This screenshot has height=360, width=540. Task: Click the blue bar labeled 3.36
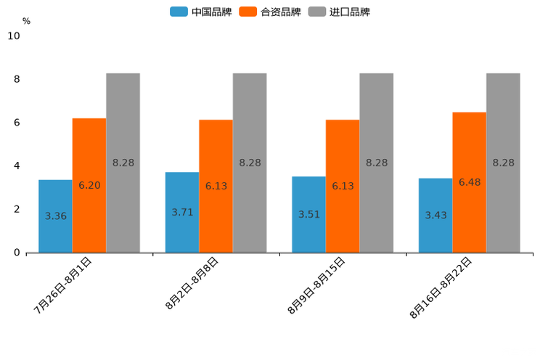(55, 216)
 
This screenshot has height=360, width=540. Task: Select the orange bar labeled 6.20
(89, 185)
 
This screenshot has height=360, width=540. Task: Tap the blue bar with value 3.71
(182, 212)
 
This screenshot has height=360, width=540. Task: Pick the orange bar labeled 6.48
(470, 182)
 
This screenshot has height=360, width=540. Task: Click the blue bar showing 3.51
(308, 214)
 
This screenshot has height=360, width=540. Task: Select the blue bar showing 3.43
(435, 215)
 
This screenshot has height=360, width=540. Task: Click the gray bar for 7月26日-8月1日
(123, 163)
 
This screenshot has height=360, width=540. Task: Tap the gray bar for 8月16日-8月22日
(503, 163)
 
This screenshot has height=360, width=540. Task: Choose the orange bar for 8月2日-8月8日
(216, 186)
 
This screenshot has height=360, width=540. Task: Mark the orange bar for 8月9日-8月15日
(343, 186)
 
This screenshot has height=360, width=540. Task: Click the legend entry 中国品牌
(201, 12)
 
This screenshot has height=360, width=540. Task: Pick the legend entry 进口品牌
(339, 12)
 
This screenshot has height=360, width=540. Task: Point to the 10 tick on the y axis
(14, 36)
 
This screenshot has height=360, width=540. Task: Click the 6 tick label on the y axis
(17, 123)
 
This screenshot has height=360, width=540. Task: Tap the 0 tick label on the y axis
(17, 253)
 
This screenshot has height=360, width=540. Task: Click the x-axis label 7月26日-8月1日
(63, 285)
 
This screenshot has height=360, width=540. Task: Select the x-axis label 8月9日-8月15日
(316, 285)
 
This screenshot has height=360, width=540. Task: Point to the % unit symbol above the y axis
(26, 21)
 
